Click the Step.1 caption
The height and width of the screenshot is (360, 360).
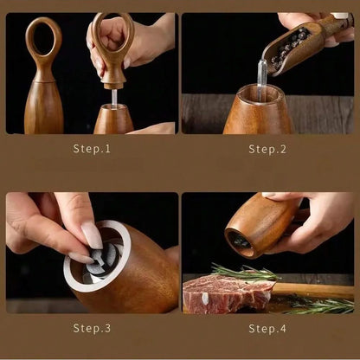point(92,149)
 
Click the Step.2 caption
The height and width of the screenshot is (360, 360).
point(267,149)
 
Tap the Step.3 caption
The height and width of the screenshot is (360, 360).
point(92,328)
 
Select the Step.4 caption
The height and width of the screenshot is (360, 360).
point(267,329)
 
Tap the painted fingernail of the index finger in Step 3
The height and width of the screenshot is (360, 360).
point(92,235)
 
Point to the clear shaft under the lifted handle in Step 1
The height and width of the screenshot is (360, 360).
point(114,98)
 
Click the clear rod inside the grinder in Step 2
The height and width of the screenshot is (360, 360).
point(261,80)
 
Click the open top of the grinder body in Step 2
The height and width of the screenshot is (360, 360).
point(259,93)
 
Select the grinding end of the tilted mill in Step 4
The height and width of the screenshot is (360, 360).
point(240,243)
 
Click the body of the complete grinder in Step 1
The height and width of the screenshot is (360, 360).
point(44,106)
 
